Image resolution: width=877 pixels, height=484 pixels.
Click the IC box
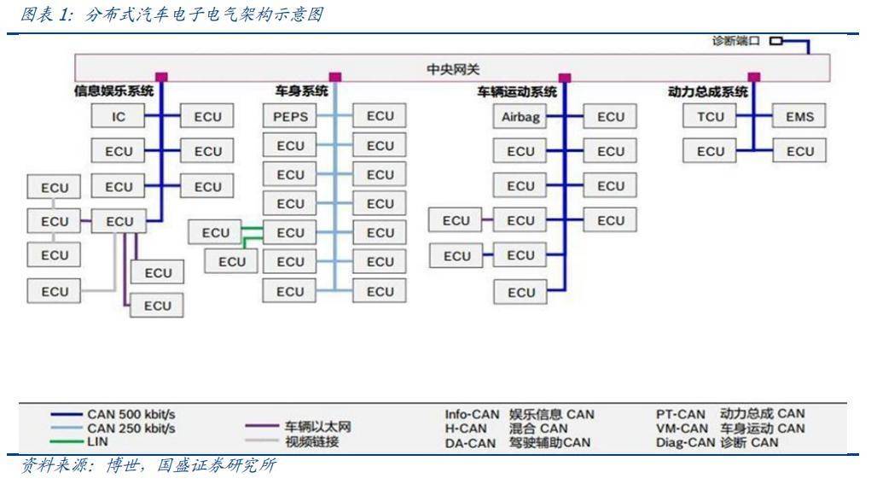point(118,116)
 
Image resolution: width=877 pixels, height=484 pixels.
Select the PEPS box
point(290,116)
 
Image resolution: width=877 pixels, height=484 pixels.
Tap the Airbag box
point(520,116)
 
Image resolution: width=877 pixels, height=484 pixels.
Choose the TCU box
point(710,116)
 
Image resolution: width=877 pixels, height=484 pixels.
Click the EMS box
point(799,116)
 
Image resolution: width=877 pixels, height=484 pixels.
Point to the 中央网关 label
point(453,69)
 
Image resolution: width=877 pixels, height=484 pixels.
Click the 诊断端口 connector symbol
point(775,41)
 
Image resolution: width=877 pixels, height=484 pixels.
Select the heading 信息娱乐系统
point(113,90)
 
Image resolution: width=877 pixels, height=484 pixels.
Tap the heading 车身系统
point(301,90)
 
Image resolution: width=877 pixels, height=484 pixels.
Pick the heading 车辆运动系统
point(517,92)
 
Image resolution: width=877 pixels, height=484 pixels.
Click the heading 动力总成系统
point(708,92)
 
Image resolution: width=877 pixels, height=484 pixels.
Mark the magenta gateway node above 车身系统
point(335,77)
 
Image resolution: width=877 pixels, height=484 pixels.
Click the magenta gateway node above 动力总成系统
point(754,77)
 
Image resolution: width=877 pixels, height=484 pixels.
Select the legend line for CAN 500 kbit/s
point(67,415)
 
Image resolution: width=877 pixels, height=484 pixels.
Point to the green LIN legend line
point(67,442)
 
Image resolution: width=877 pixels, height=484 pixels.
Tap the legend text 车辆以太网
point(317,427)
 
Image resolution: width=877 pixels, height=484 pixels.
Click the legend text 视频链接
point(312,441)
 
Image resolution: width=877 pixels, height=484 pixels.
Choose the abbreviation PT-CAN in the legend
point(681,415)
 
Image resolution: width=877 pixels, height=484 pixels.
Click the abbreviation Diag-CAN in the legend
point(686,442)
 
